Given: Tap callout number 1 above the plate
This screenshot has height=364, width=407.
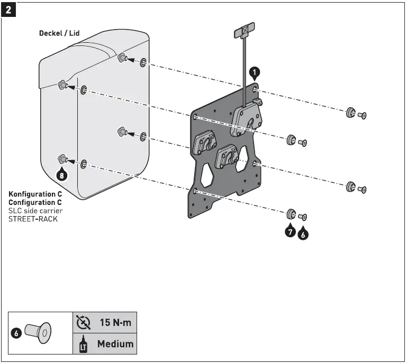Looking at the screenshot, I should click(255, 72).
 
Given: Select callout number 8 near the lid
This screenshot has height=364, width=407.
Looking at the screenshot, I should click(62, 175).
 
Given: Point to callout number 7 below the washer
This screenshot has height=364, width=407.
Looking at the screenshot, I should click(290, 231).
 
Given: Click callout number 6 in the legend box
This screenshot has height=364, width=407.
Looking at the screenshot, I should click(16, 333).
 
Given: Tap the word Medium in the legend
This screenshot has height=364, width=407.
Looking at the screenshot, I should click(115, 344).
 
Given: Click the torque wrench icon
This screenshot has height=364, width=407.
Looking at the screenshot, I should click(83, 322).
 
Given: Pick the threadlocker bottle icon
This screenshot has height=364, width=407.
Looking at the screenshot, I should click(83, 344).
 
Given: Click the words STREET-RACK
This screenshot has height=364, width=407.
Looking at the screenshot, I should click(33, 218).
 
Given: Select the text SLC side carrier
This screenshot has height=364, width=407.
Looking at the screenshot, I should click(35, 210).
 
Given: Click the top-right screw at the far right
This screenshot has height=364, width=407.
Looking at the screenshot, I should click(363, 115).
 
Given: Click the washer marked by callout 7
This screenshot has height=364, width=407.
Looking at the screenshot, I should click(291, 214).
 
